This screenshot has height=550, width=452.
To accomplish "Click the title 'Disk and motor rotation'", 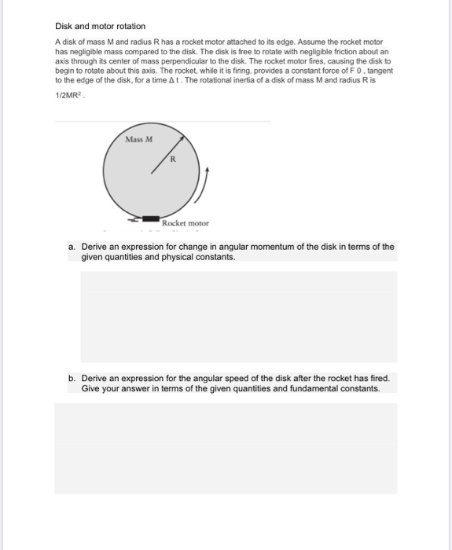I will (x=100, y=26).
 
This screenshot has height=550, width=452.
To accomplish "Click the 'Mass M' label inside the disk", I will (x=139, y=139).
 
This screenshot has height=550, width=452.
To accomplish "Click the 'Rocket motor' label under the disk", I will (x=186, y=223).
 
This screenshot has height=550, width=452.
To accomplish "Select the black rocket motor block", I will (x=152, y=218).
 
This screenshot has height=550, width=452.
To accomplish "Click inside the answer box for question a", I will (x=239, y=317).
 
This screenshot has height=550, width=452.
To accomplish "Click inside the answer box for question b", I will (x=226, y=448).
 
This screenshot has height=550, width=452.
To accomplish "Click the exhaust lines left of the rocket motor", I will (x=135, y=218).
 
